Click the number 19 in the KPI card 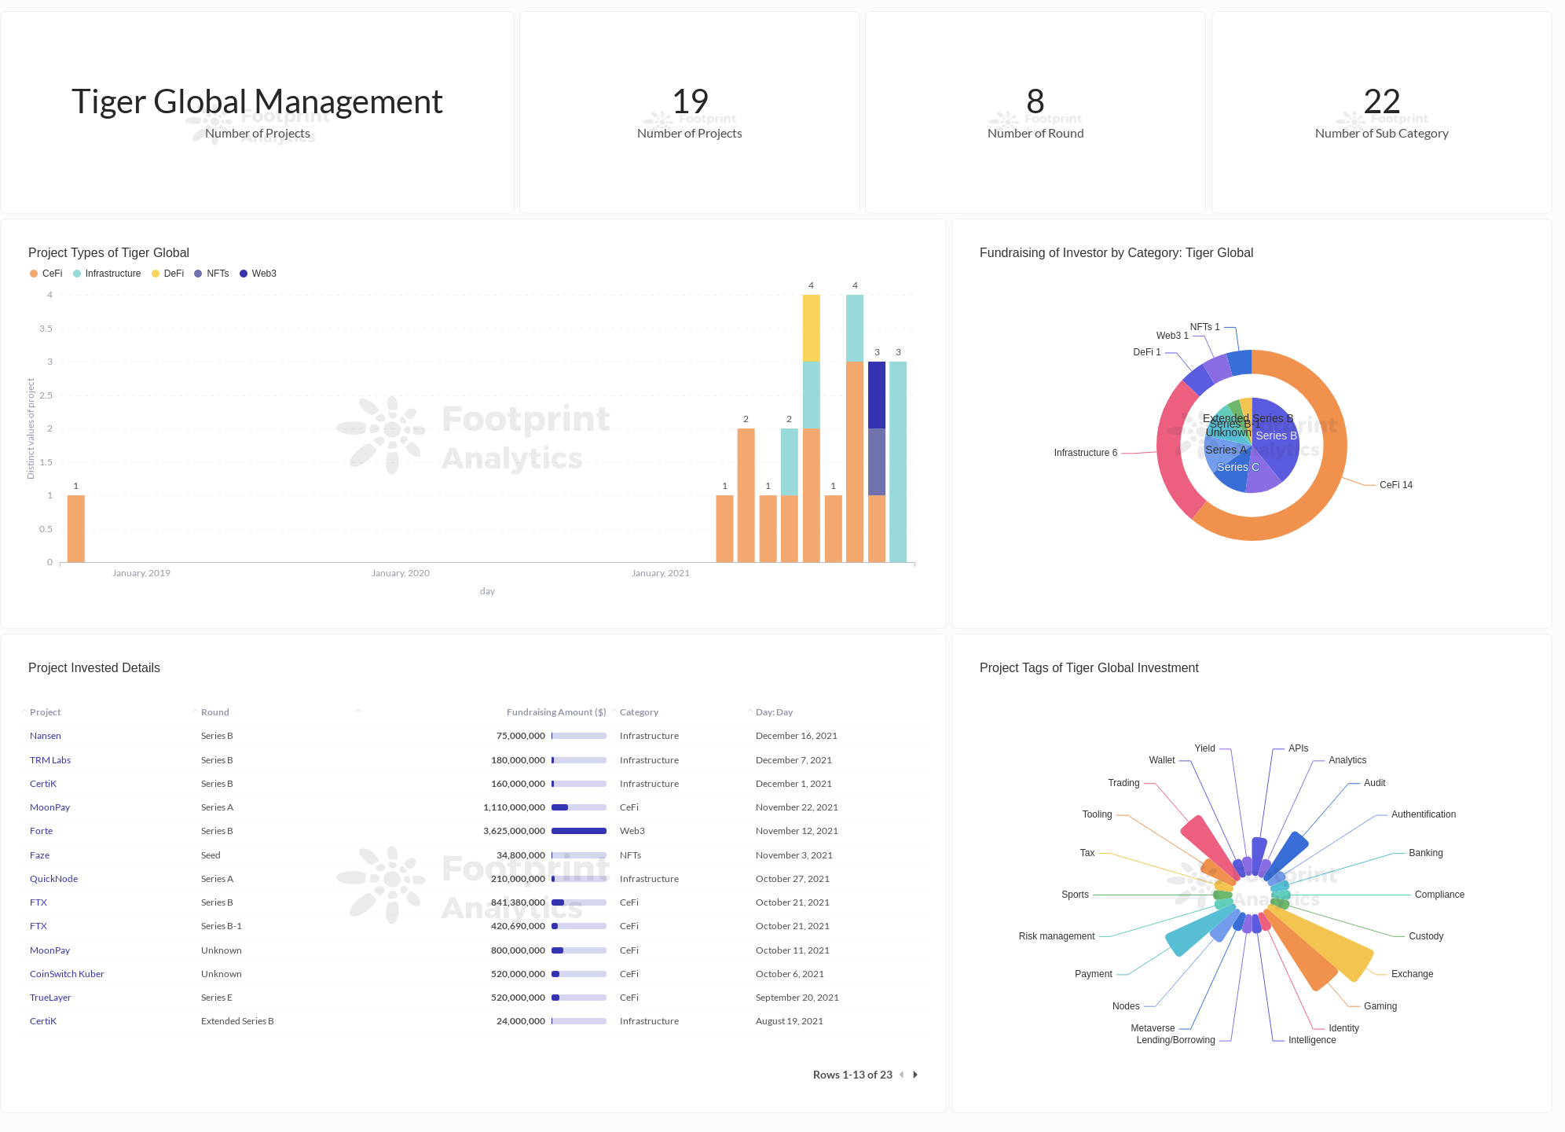click(x=690, y=101)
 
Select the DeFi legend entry click(x=173, y=274)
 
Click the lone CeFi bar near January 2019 click(x=76, y=528)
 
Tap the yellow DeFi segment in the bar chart click(x=811, y=328)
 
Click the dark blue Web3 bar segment click(x=877, y=395)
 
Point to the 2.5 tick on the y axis click(x=46, y=395)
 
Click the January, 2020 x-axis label click(x=401, y=573)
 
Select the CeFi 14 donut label click(x=1395, y=485)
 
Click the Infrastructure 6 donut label click(x=1085, y=453)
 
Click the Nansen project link click(x=46, y=736)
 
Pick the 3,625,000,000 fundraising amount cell click(x=514, y=831)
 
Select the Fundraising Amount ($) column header click(x=556, y=712)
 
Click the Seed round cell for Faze click(x=211, y=855)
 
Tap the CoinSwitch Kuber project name click(x=67, y=974)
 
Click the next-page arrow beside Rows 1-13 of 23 click(x=915, y=1075)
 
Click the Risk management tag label click(x=1056, y=936)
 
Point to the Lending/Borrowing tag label click(x=1175, y=1040)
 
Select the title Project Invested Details click(x=94, y=667)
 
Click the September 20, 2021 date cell click(x=797, y=998)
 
